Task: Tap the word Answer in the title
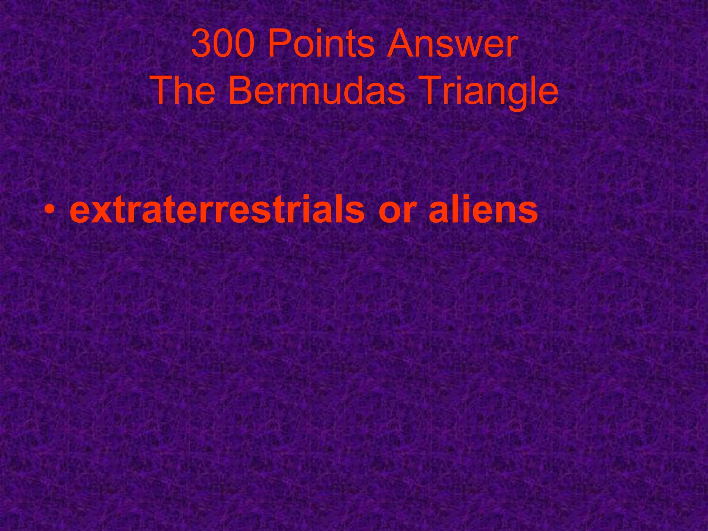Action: [x=452, y=44]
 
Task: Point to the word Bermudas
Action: [x=316, y=91]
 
